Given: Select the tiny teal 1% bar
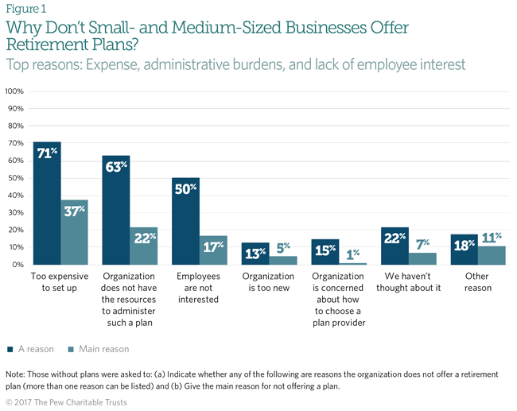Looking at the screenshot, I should coord(352,263).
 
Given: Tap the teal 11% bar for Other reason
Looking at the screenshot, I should coord(492,255).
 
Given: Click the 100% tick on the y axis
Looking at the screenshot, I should coord(15,91).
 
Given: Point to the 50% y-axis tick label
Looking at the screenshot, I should coord(15,178).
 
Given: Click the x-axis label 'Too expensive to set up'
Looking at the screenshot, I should coord(60,282).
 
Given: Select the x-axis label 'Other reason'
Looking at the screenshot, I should coord(476,282).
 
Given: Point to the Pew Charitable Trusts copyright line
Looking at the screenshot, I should coord(66,402).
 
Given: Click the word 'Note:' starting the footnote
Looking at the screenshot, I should coord(17,373).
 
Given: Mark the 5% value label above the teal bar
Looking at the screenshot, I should coord(283,247).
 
